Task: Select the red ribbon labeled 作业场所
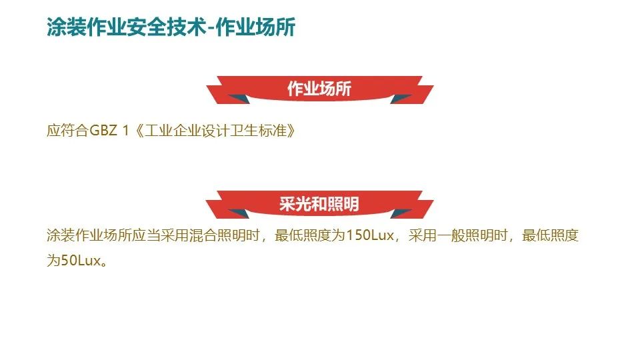(319, 89)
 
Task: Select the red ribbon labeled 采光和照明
(319, 203)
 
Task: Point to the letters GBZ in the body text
(103, 130)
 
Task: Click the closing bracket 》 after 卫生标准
(289, 130)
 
